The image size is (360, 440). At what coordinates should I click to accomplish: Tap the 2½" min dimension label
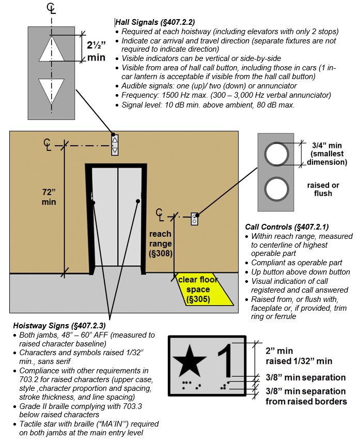(x=97, y=50)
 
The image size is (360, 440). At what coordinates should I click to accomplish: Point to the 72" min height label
(x=49, y=196)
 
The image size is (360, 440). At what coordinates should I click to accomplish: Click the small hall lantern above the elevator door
(x=115, y=145)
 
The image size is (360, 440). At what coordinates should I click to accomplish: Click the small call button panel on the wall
(x=195, y=219)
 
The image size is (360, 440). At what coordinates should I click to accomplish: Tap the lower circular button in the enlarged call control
(x=277, y=188)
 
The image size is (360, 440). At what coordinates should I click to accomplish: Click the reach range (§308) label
(x=161, y=244)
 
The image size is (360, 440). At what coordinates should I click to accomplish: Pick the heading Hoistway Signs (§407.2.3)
(x=59, y=325)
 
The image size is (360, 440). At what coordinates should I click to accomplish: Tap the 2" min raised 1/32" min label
(x=299, y=356)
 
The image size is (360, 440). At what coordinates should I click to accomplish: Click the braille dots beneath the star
(x=192, y=385)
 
